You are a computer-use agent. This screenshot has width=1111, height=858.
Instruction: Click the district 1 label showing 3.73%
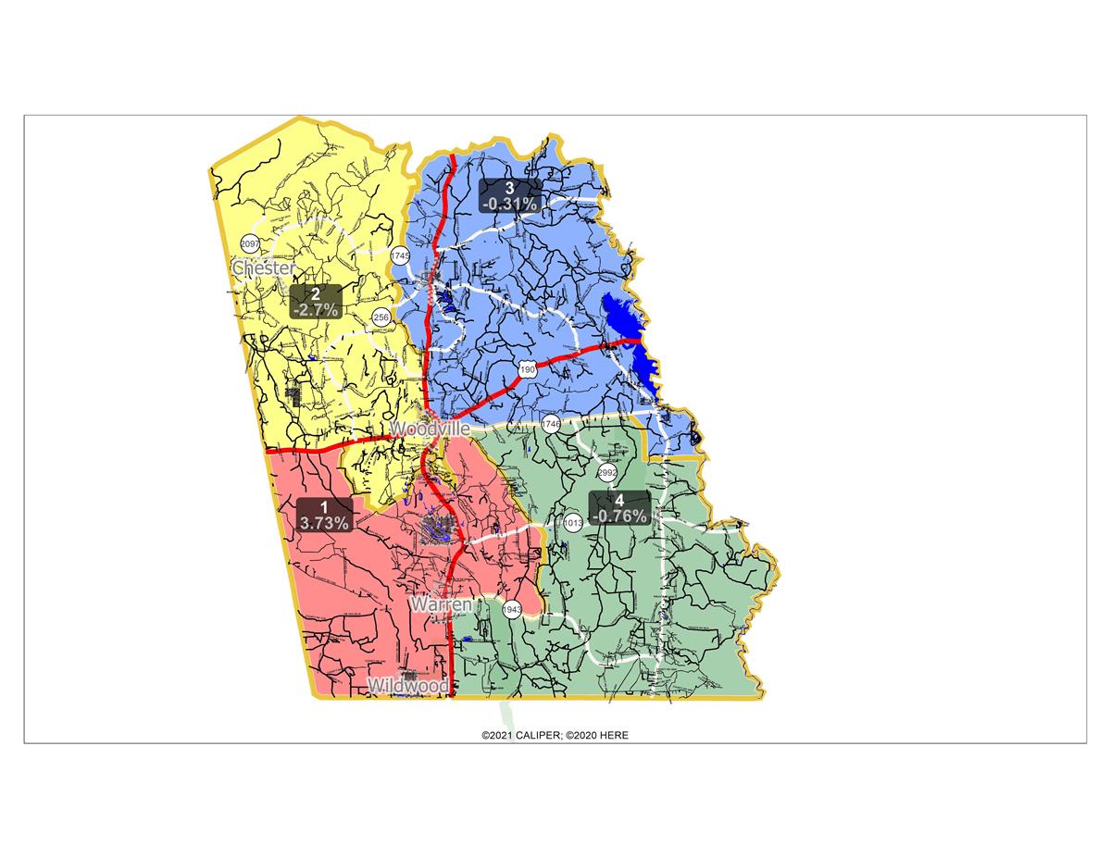324,515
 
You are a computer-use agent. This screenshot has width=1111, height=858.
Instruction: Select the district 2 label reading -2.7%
315,302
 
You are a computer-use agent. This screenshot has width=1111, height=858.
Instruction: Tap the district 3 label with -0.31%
509,195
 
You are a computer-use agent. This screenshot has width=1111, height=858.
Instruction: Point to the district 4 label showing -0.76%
619,508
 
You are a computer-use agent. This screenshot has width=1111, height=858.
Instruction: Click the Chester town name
264,268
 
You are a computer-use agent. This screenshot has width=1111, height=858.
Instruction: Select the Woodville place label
430,430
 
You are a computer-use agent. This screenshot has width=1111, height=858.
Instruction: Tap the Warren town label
442,604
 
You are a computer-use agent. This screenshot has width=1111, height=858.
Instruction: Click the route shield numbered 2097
250,243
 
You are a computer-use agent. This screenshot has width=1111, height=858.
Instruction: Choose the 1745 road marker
400,255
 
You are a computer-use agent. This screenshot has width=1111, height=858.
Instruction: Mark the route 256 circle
381,317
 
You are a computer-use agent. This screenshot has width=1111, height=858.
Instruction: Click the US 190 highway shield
527,370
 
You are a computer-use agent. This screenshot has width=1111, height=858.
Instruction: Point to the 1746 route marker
552,425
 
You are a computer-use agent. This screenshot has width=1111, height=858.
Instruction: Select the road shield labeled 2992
607,473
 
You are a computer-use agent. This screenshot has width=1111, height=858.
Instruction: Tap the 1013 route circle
573,522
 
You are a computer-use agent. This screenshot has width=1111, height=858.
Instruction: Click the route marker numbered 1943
513,610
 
